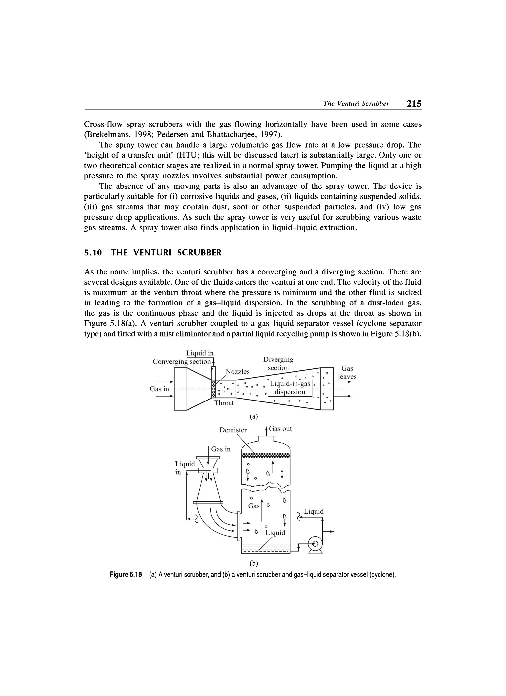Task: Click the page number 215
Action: tap(414, 104)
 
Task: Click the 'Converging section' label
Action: tap(182, 361)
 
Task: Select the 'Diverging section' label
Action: tap(278, 363)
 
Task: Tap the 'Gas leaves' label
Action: tap(347, 372)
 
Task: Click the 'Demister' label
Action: tap(233, 430)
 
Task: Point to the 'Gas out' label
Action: tap(280, 429)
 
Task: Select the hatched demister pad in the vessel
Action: tap(266, 455)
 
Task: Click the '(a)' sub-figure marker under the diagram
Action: tap(254, 416)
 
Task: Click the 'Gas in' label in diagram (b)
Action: tap(221, 449)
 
